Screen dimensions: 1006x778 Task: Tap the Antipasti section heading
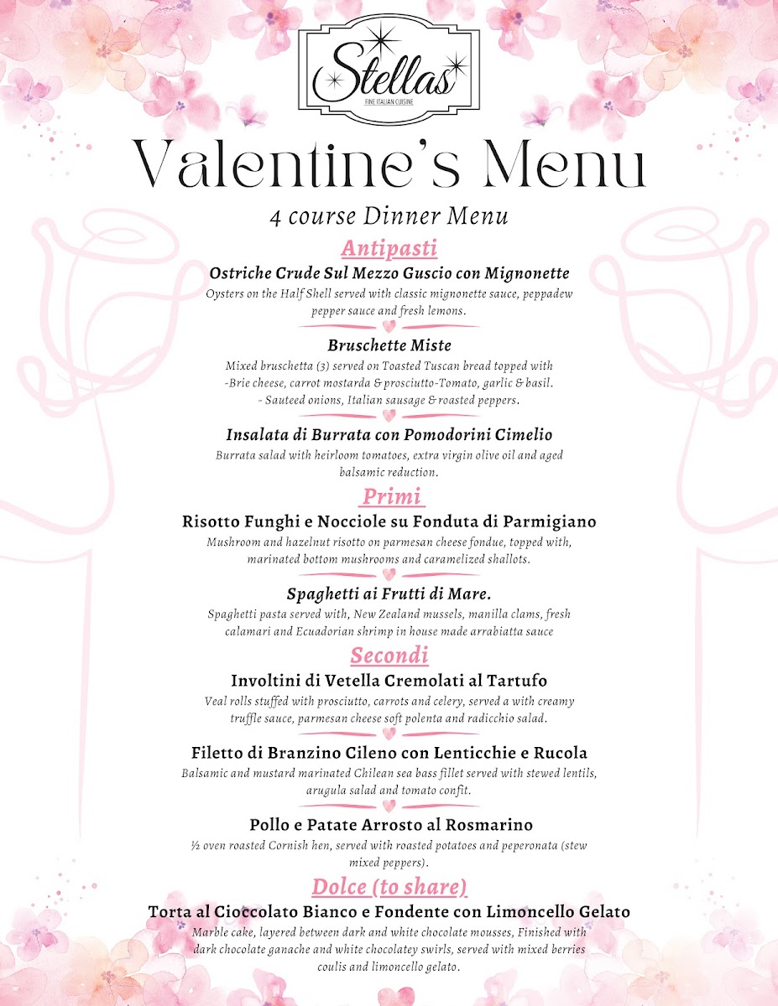pyautogui.click(x=389, y=249)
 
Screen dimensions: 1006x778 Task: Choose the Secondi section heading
pyautogui.click(x=389, y=656)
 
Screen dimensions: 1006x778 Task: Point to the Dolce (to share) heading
pyautogui.click(x=389, y=887)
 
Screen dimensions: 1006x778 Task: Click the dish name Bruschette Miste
pyautogui.click(x=389, y=345)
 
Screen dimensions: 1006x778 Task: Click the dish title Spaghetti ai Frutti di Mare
pyautogui.click(x=389, y=594)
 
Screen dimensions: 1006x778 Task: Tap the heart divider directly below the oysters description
pyautogui.click(x=389, y=326)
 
